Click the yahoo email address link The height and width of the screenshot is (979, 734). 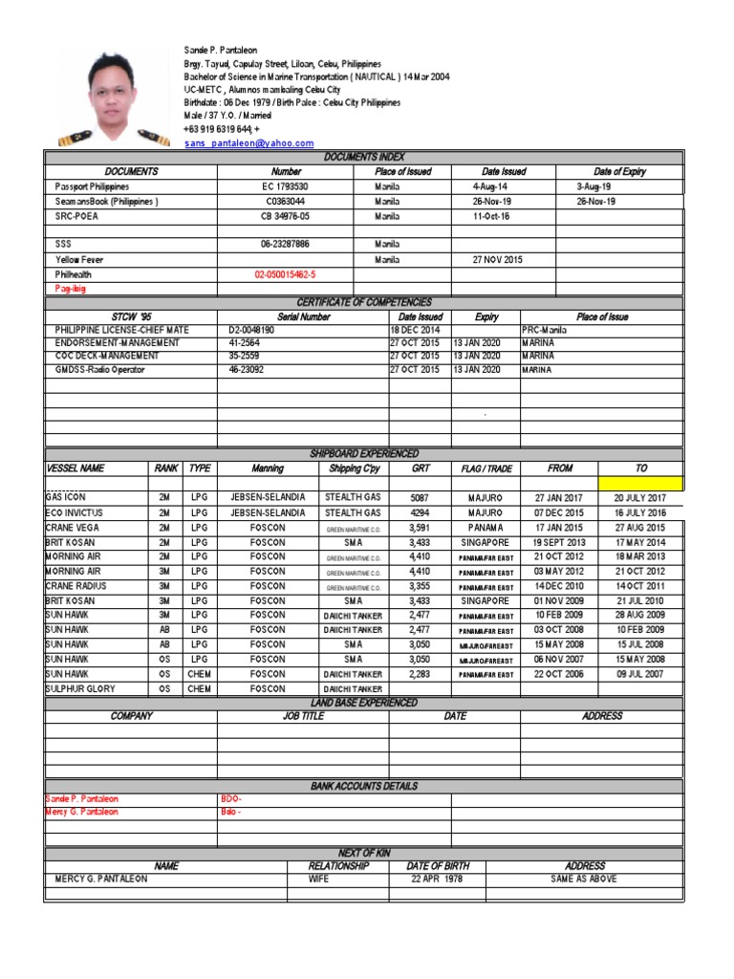248,143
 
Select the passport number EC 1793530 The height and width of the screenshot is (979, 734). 286,187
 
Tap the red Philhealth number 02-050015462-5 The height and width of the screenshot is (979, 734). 285,273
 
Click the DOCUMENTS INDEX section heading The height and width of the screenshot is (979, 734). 364,157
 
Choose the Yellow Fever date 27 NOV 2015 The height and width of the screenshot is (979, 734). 498,259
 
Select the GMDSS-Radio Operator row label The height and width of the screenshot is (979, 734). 100,370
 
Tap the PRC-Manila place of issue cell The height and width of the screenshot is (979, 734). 545,330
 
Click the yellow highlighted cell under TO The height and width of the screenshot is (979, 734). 640,484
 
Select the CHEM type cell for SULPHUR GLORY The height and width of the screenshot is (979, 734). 199,688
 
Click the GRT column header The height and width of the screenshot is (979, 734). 421,469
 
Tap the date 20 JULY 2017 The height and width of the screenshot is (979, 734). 640,498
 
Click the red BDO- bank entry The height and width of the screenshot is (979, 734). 232,798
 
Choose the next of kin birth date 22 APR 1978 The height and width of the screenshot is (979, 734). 432,879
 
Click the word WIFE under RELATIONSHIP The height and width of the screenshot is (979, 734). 318,879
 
